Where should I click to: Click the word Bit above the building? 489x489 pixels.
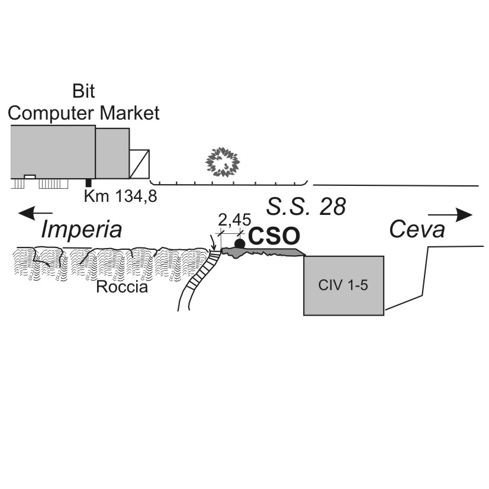pyautogui.click(x=83, y=91)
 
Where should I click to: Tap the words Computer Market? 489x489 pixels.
pyautogui.click(x=83, y=113)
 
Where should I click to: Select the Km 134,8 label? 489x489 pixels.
pyautogui.click(x=120, y=196)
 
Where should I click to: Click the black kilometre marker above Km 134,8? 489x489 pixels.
pyautogui.click(x=89, y=183)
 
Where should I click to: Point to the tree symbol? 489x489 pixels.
pyautogui.click(x=223, y=162)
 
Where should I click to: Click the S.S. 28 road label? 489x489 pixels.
pyautogui.click(x=306, y=207)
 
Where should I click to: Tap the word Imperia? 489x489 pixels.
pyautogui.click(x=81, y=230)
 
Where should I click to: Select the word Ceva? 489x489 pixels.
pyautogui.click(x=417, y=229)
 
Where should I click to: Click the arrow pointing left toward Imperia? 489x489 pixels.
pyautogui.click(x=36, y=213)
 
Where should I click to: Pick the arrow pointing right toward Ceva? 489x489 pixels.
pyautogui.click(x=451, y=215)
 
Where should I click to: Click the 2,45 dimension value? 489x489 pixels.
pyautogui.click(x=234, y=220)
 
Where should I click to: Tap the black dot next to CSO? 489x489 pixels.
pyautogui.click(x=240, y=243)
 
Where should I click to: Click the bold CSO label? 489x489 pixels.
pyautogui.click(x=274, y=236)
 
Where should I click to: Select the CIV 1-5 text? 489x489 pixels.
pyautogui.click(x=343, y=285)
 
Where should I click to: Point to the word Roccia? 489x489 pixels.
pyautogui.click(x=122, y=287)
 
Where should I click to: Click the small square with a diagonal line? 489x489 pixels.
pyautogui.click(x=139, y=164)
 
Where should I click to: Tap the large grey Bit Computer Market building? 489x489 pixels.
pyautogui.click(x=53, y=152)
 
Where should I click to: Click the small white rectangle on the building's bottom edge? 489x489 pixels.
pyautogui.click(x=30, y=177)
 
